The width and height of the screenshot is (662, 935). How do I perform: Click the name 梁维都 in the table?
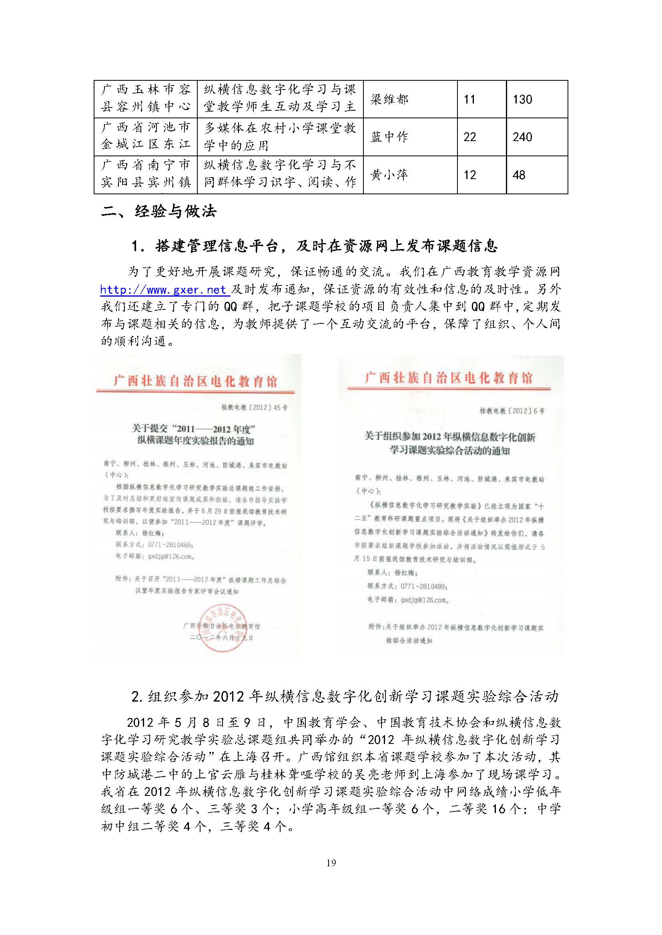tap(389, 100)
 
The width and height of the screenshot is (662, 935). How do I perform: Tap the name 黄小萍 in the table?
tap(389, 175)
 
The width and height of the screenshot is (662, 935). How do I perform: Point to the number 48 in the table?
tap(519, 175)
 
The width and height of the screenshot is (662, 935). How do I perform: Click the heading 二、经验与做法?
tap(159, 211)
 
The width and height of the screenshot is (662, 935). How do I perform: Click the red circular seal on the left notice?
tap(223, 628)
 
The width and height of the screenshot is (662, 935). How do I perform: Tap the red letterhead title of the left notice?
tap(196, 381)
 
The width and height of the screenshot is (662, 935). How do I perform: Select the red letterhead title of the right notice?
tap(448, 378)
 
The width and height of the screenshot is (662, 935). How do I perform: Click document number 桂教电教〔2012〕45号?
tap(255, 407)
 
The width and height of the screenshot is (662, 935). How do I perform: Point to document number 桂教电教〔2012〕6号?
tap(512, 411)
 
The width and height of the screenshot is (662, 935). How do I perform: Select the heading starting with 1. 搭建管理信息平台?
tap(314, 246)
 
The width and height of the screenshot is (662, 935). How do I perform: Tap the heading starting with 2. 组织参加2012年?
tap(345, 697)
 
